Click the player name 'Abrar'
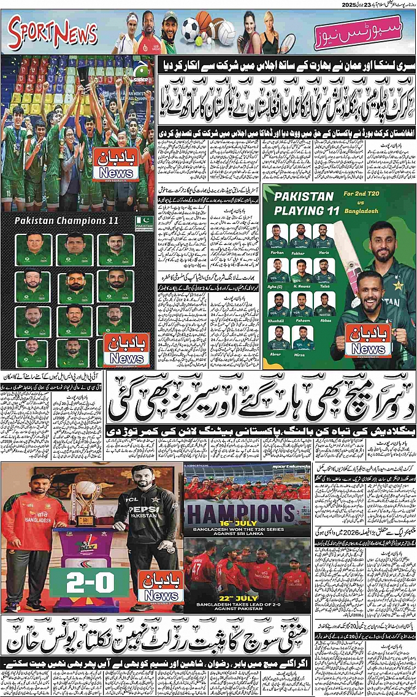(277, 355)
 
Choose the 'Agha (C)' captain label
(277, 286)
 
